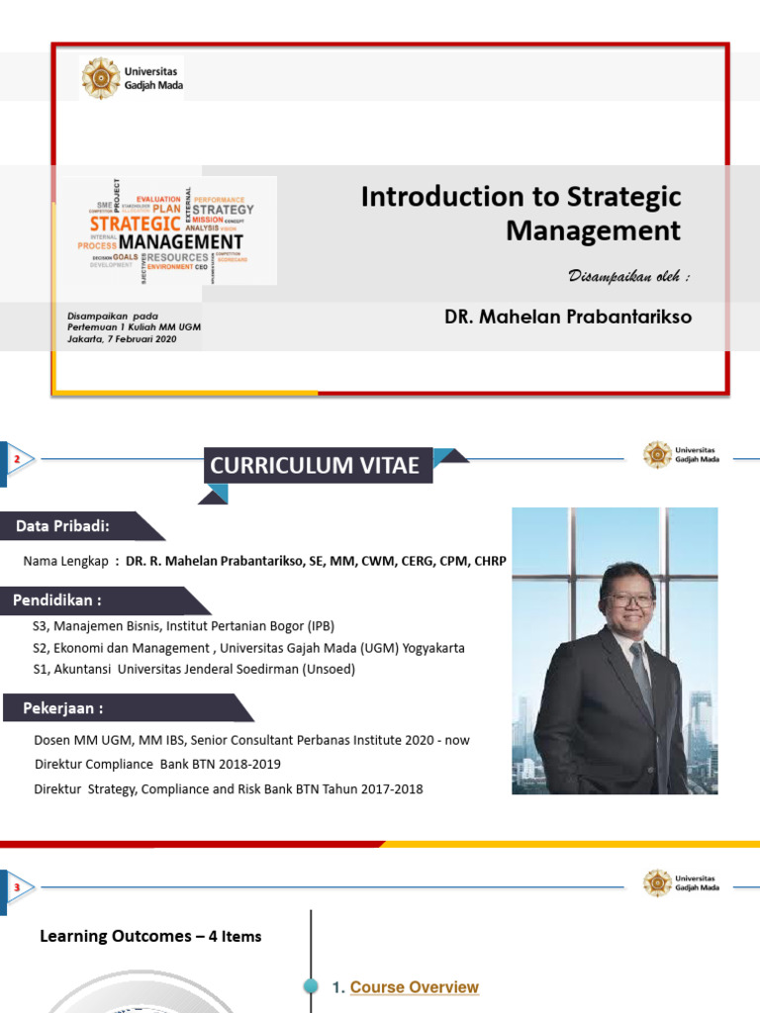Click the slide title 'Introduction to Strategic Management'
point(522,213)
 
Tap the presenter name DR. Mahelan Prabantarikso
point(568,318)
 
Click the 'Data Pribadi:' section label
point(62,525)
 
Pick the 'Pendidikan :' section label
point(57,600)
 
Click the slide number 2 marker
point(17,458)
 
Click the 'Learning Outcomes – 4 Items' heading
point(150,936)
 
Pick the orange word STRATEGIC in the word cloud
point(135,225)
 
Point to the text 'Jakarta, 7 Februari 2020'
point(122,338)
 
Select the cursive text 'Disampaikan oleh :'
point(628,276)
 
